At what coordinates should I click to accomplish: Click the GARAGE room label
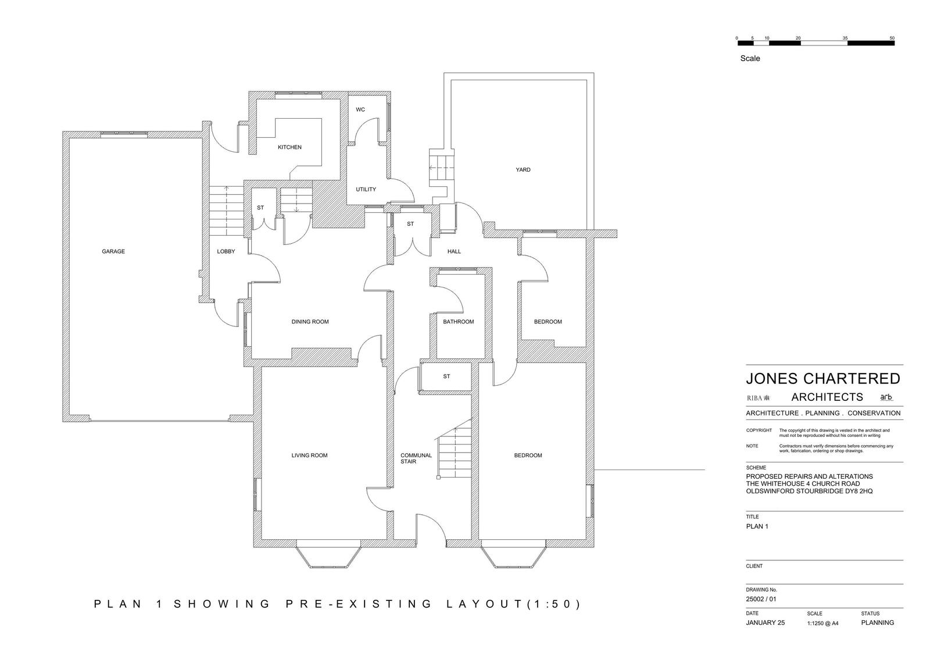click(x=113, y=251)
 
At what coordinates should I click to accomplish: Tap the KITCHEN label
click(x=290, y=147)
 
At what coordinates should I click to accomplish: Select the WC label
click(x=360, y=110)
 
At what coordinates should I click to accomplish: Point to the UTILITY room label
click(x=366, y=190)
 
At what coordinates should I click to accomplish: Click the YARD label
click(x=523, y=170)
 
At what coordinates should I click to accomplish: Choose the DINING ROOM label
click(x=310, y=322)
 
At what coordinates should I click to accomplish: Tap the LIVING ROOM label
click(x=309, y=456)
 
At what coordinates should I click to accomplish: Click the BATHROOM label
click(x=459, y=322)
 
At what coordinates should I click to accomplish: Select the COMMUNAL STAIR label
click(x=416, y=458)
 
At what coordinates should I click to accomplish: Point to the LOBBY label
click(x=226, y=251)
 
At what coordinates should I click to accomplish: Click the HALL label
click(x=454, y=251)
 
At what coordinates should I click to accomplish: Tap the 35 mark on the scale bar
click(x=845, y=38)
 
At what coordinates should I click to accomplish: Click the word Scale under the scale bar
click(x=750, y=59)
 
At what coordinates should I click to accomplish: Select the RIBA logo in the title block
click(x=758, y=398)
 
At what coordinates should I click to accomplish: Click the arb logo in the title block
click(x=886, y=397)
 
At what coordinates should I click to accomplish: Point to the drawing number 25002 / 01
click(x=761, y=599)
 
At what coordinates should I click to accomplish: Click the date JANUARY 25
click(x=765, y=623)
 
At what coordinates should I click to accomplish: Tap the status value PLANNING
click(x=877, y=623)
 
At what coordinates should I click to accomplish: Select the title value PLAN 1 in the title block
click(x=757, y=527)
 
